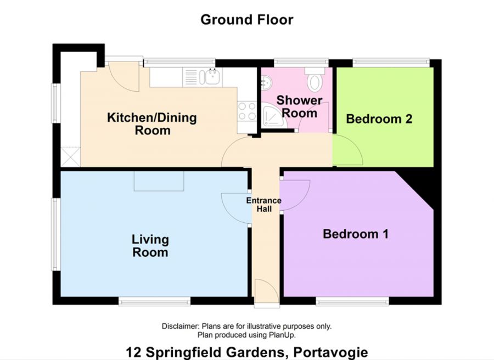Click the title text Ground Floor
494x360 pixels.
coord(246,20)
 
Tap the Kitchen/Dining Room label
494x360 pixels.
coord(151,124)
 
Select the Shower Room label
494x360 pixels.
coord(299,107)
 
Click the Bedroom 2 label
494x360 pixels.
coord(379,119)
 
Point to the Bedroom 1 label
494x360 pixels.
coord(356,234)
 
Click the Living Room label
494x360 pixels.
coord(150,246)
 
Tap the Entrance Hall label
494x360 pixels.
coord(263,205)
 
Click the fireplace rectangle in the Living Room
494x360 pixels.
coord(159,181)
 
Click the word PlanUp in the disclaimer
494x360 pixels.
coord(284,335)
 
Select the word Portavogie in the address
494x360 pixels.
coord(330,352)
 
